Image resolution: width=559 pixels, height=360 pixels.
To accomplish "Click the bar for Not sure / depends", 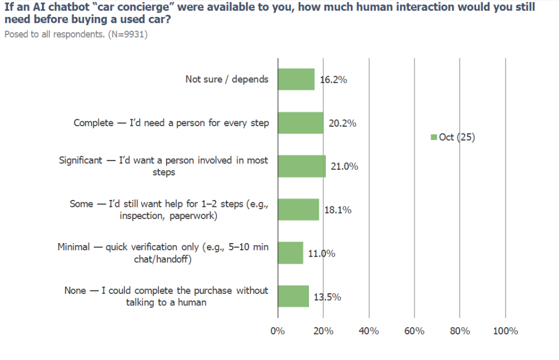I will [296, 79].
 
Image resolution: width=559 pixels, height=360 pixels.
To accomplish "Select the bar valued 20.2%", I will [301, 123].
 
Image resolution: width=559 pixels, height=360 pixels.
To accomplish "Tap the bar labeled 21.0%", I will [302, 166].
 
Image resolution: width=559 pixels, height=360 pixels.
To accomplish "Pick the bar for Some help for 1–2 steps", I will [299, 210].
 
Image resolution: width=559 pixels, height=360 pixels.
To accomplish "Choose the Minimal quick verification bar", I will [290, 253].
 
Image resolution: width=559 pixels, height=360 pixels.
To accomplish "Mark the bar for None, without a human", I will [293, 296].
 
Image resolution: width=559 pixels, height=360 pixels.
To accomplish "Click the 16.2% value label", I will [334, 80].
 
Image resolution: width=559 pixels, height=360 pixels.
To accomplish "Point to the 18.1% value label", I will [338, 210].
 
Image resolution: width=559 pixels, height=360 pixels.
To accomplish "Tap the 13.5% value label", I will [328, 297].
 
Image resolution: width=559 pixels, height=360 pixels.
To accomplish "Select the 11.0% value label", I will [322, 253].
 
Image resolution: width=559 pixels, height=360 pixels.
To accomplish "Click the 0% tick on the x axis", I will [278, 331].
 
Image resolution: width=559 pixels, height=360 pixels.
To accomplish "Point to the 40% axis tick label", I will [369, 331].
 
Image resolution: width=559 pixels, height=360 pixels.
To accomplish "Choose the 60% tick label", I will [414, 331].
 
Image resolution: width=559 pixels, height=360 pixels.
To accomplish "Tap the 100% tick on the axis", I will [505, 331].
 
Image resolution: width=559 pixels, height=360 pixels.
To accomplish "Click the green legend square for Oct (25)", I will [434, 138].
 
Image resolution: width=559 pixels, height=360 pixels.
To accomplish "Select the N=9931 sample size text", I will [129, 34].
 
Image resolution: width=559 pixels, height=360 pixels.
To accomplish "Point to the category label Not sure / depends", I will [227, 79].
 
